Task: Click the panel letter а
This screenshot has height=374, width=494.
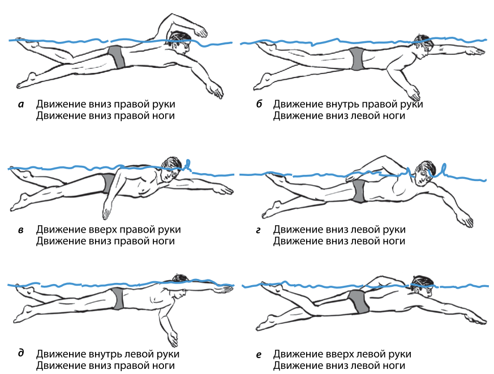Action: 21,104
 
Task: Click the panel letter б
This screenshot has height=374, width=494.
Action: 259,104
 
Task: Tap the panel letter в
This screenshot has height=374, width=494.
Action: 21,230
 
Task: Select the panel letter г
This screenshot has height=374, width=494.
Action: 259,230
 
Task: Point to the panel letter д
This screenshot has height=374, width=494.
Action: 21,354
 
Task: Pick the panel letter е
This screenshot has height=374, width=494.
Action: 259,355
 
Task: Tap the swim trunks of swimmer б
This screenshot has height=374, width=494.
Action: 356,59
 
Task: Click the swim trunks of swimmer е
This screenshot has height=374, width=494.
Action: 358,302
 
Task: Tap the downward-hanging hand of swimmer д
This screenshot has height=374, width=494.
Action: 173,338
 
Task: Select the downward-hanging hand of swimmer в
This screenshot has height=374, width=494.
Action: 106,210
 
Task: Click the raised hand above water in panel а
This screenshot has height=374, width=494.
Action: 200,31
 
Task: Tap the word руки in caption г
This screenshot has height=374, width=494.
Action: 394,230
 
